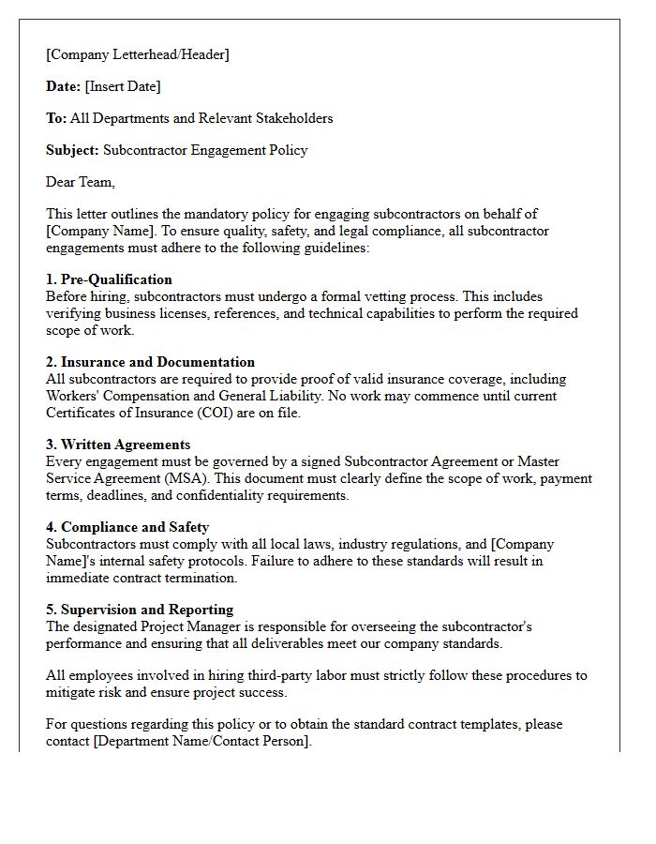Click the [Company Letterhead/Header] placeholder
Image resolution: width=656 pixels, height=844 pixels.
tap(137, 54)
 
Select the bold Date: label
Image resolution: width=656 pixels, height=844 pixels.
tap(64, 86)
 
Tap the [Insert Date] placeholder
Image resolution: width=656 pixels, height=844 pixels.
tap(123, 86)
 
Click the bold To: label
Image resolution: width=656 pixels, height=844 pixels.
tap(56, 118)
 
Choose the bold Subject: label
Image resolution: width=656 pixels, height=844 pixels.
tap(72, 150)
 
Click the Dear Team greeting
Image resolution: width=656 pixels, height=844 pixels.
tap(81, 182)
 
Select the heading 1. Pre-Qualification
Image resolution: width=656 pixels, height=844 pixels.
tap(109, 279)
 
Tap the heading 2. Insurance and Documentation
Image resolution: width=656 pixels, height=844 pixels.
tap(150, 362)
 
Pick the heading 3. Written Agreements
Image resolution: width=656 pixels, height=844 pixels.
tap(118, 445)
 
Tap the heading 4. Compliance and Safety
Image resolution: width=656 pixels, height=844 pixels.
tap(127, 527)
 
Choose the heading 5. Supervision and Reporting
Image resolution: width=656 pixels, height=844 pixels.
tap(140, 610)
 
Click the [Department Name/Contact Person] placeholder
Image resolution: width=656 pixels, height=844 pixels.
tap(177, 741)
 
